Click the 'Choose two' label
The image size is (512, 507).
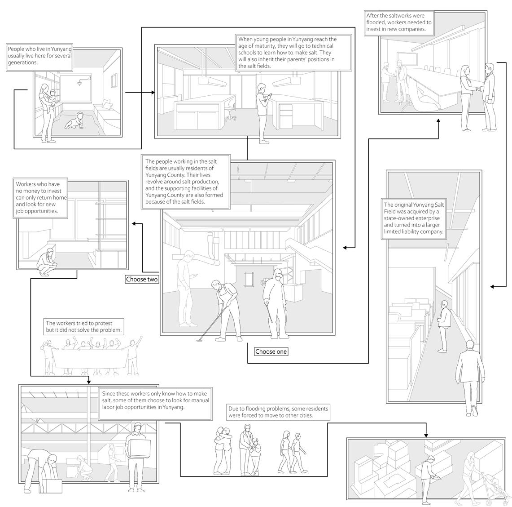pyautogui.click(x=142, y=280)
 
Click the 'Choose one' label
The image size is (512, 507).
pyautogui.click(x=271, y=351)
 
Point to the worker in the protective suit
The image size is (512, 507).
pyautogui.click(x=273, y=303)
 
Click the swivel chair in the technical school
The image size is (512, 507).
pyautogui.click(x=230, y=109)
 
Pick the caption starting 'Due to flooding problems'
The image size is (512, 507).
pyautogui.click(x=278, y=412)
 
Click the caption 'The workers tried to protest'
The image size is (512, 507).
pyautogui.click(x=84, y=326)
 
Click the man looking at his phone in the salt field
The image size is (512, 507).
pyautogui.click(x=185, y=288)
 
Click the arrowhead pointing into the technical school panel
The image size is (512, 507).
pyautogui.click(x=153, y=93)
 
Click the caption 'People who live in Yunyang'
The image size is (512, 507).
pyautogui.click(x=39, y=56)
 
